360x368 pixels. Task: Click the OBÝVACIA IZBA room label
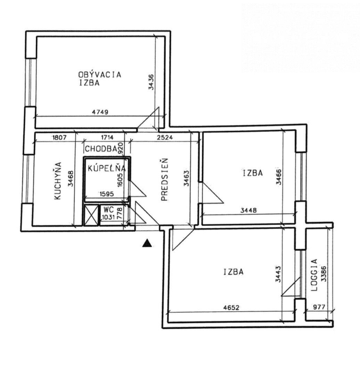pos(100,79)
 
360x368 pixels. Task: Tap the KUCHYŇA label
pos(58,181)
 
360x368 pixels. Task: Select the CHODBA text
pos(101,149)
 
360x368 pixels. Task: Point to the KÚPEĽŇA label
pos(107,168)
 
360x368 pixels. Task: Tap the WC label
pos(108,209)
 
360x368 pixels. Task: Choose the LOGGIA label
pos(314,275)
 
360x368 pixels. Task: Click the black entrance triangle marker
pos(147,243)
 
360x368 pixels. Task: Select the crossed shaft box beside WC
pos(91,215)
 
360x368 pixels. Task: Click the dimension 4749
pos(100,112)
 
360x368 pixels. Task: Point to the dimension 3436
pos(152,82)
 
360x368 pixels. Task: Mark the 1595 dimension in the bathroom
pos(107,194)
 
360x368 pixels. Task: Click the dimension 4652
pos(231,308)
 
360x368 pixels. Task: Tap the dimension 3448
pos(248,210)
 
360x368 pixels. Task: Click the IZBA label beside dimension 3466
pos(253,173)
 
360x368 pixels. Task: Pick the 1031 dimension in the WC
pos(108,217)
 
